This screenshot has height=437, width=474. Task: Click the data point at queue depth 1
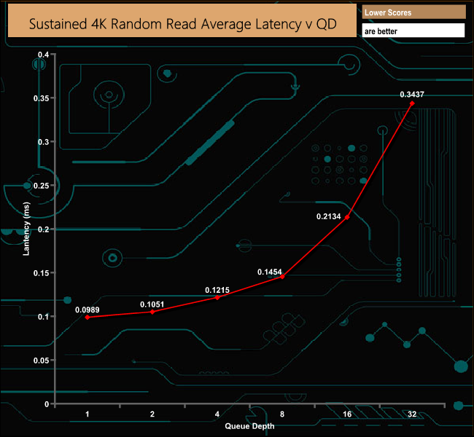(x=88, y=317)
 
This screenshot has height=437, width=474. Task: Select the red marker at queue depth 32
(x=412, y=103)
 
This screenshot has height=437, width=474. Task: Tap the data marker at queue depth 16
(x=347, y=217)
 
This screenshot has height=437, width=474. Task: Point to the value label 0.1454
(x=269, y=272)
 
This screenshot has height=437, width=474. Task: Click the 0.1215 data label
(x=217, y=290)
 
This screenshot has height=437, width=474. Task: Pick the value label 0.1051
(x=152, y=304)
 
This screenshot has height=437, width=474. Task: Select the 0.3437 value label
(x=412, y=94)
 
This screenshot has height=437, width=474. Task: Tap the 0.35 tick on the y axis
(x=41, y=98)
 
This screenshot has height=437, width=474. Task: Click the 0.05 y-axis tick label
(x=41, y=361)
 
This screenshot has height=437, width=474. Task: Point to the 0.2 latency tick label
(x=43, y=229)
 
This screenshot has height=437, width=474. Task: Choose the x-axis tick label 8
(x=282, y=414)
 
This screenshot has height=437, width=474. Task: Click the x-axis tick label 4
(x=217, y=414)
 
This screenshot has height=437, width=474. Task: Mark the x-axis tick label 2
(x=152, y=414)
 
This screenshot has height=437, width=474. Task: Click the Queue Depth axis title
(x=249, y=426)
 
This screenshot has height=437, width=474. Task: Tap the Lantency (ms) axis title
(x=26, y=229)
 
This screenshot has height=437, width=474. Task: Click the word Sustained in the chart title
(x=58, y=24)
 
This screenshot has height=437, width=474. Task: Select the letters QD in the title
(x=327, y=24)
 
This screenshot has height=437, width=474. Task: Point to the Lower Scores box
(x=414, y=12)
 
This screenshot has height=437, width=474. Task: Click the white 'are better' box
(x=413, y=31)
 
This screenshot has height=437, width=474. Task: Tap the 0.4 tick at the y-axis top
(x=43, y=55)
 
